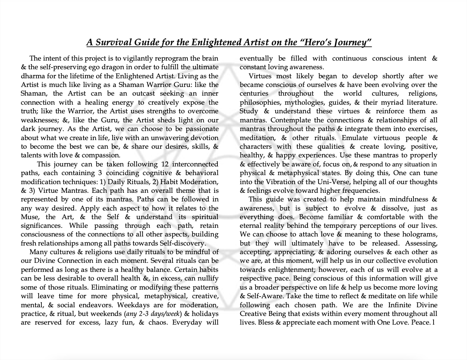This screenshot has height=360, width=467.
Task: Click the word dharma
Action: click(x=33, y=76)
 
